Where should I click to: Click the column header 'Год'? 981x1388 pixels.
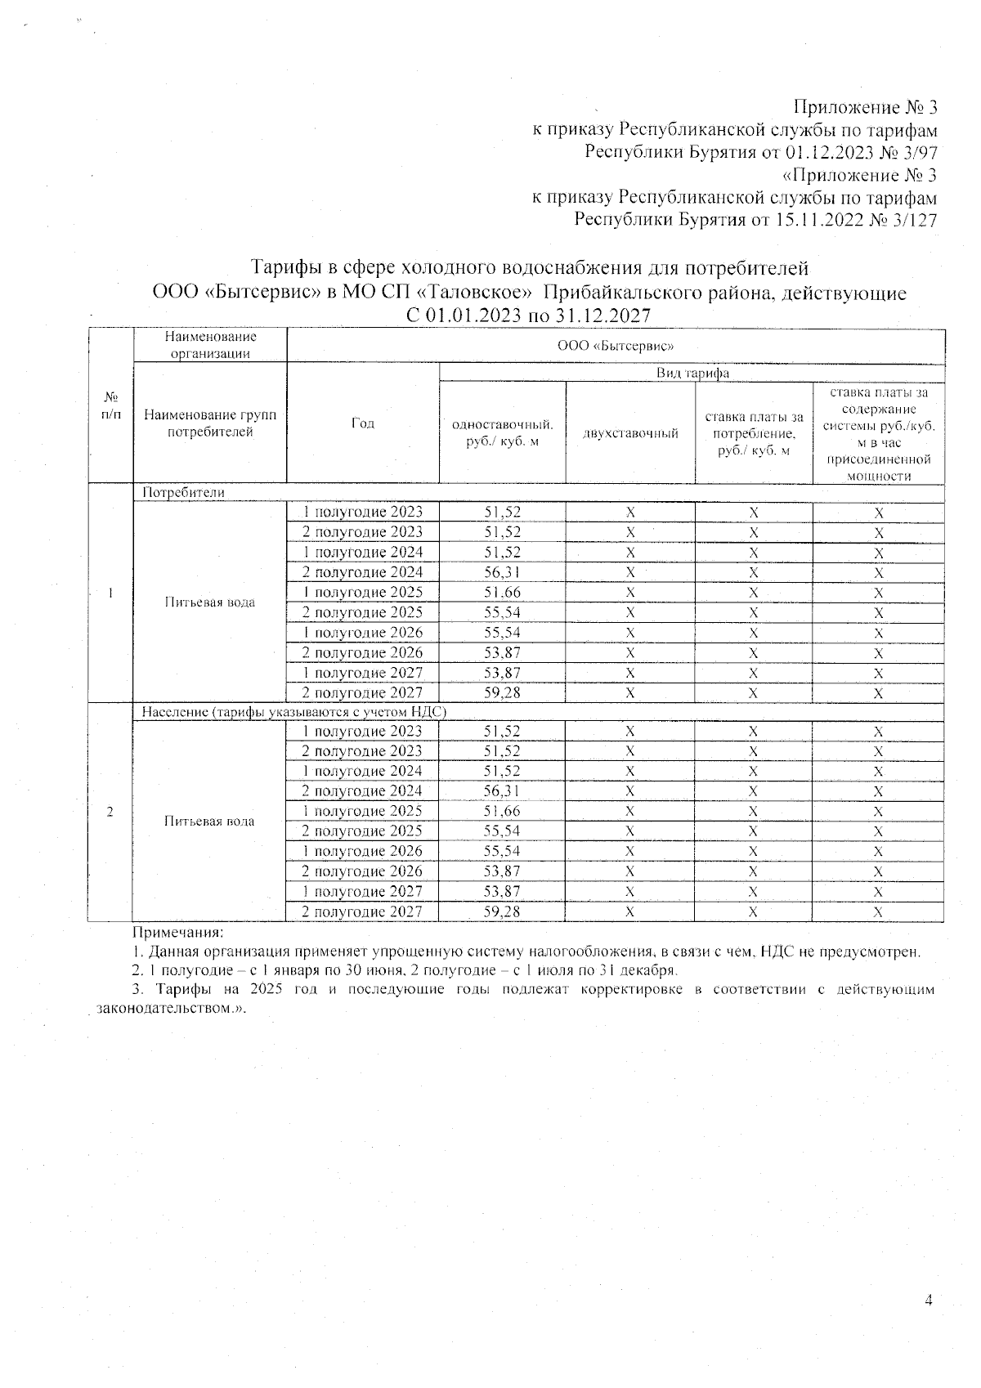pos(363,423)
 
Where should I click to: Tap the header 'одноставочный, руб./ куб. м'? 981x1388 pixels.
pos(502,432)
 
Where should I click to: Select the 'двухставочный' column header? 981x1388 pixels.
pos(630,433)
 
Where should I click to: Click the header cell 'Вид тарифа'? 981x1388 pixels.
pos(692,373)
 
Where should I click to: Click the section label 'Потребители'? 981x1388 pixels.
pos(183,493)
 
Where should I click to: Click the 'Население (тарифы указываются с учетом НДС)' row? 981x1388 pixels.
pos(293,712)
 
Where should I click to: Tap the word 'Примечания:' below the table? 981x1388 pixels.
pos(178,932)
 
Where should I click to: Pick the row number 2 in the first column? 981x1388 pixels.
pos(110,811)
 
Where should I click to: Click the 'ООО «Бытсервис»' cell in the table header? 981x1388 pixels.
pos(615,346)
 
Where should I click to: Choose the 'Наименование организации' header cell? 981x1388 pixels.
pos(210,345)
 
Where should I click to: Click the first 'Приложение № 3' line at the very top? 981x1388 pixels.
pos(864,108)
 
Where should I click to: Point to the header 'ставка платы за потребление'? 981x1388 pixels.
pos(754,433)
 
